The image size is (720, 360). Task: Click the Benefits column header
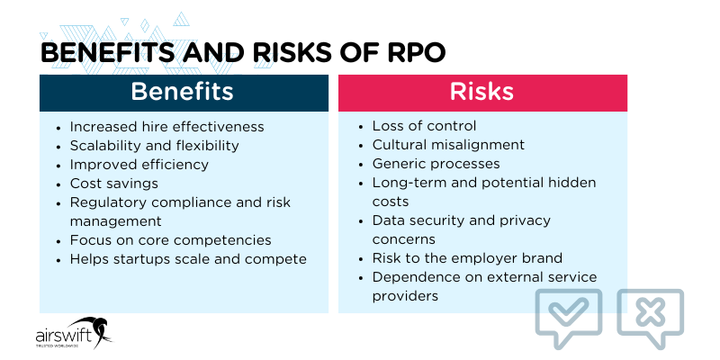click(182, 92)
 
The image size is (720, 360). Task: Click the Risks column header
click(481, 92)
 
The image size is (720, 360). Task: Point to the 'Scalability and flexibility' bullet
click(154, 145)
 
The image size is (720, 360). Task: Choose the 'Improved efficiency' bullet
click(139, 164)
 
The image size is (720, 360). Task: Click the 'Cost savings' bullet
click(113, 184)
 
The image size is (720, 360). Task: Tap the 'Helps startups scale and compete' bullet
click(187, 258)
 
